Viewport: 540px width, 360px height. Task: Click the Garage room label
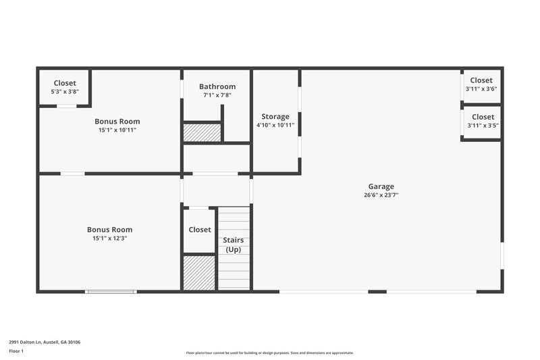point(381,186)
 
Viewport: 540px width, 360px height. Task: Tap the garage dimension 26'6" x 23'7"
point(381,195)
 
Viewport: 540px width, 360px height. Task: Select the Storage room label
point(275,117)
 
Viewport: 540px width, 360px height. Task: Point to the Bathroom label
point(217,86)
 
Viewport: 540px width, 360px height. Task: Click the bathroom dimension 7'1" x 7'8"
point(217,95)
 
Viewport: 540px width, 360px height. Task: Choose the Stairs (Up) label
point(234,245)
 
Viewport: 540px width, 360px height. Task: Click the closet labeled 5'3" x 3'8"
point(64,87)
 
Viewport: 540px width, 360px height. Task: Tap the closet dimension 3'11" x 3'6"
point(481,88)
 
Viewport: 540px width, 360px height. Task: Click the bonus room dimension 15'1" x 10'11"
point(117,130)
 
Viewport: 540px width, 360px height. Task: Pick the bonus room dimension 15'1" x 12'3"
point(110,238)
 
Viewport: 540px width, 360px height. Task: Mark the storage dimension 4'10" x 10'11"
point(275,125)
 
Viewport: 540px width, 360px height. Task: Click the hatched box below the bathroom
point(202,132)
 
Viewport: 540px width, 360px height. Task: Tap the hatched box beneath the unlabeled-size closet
point(199,272)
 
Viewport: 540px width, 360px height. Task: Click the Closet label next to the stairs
point(200,230)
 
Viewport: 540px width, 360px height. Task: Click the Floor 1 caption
point(16,351)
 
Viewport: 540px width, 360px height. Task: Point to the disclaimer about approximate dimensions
point(270,353)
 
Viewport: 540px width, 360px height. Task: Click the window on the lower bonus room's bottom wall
point(111,291)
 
